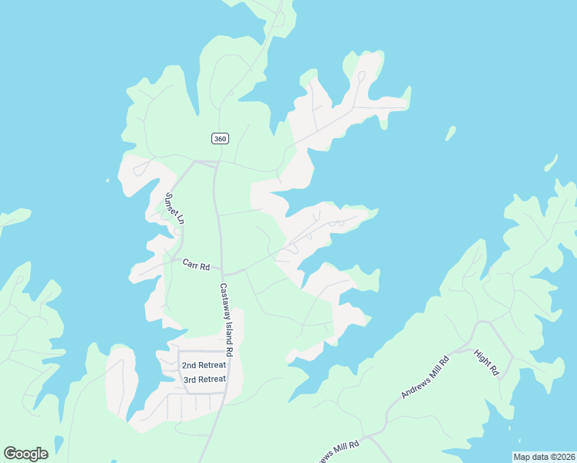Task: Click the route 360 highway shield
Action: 220,138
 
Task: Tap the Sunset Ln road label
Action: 174,208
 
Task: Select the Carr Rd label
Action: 196,265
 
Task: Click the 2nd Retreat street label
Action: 204,365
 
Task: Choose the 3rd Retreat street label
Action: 204,379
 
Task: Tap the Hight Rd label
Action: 488,361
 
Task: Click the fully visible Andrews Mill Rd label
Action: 424,377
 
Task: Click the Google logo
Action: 25,453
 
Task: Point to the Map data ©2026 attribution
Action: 544,457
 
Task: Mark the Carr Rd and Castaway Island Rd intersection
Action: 223,273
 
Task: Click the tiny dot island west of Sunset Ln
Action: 108,181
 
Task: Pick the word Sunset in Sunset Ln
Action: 171,203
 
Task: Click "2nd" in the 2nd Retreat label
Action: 190,365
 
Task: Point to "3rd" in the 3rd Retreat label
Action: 191,379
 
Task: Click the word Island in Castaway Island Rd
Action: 230,327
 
